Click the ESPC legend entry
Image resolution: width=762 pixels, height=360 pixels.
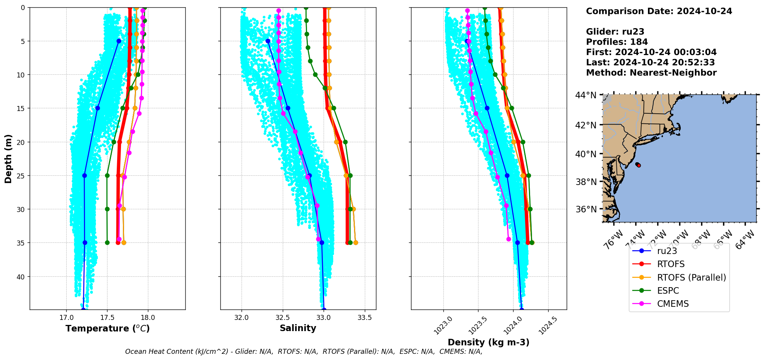point(668,291)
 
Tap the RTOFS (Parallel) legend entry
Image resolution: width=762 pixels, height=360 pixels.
point(691,278)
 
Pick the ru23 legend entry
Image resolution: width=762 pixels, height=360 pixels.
point(667,251)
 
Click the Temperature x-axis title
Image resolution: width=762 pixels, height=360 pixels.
point(107,328)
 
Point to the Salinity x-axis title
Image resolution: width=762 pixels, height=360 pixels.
point(298,328)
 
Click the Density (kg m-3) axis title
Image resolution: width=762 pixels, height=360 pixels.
point(488,342)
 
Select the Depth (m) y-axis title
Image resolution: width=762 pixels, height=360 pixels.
point(8,158)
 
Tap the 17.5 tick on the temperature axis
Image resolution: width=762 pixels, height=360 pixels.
point(107,318)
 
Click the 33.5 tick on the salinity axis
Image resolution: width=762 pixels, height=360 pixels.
point(364,318)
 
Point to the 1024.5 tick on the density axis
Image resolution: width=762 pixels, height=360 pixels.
point(548,325)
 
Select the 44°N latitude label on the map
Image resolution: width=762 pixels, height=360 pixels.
point(586,95)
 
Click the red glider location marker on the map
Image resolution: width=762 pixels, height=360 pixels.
point(639,165)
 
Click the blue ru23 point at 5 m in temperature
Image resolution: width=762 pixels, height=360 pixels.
point(119,41)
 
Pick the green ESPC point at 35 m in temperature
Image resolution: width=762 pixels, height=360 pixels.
point(107,243)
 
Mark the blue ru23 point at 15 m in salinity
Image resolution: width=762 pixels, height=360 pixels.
point(288,108)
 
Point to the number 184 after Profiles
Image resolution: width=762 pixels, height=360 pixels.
point(639,42)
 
